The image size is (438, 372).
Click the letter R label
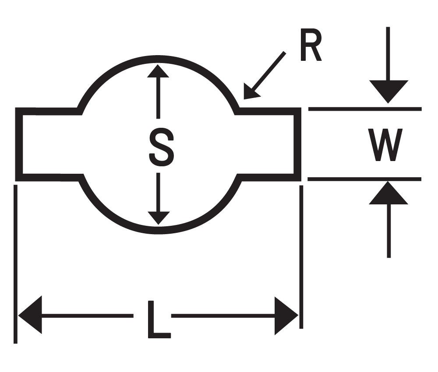(x=311, y=46)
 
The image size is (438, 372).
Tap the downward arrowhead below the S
(x=158, y=218)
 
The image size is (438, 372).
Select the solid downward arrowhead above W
(x=388, y=91)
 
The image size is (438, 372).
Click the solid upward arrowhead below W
(x=388, y=193)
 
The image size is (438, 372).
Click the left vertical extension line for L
(x=16, y=263)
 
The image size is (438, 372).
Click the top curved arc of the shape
(x=158, y=59)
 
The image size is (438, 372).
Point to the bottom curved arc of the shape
(x=158, y=230)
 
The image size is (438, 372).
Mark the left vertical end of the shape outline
(x=19, y=144)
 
